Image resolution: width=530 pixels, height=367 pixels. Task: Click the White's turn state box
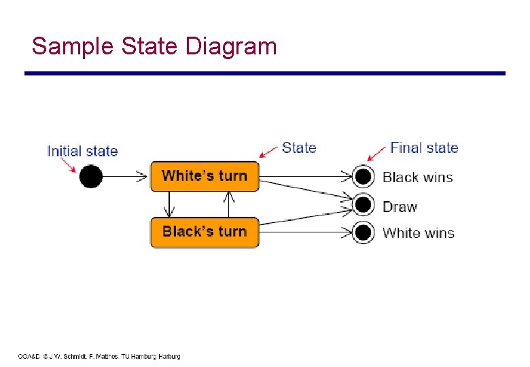205,176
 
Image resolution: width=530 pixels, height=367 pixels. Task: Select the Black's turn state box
205,232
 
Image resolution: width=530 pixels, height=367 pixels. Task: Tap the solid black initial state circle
90,177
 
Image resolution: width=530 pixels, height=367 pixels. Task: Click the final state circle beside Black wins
364,177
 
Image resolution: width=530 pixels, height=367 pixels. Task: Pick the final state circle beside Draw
364,205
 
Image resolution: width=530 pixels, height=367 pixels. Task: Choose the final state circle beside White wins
364,232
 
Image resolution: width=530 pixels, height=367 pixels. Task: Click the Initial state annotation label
82,151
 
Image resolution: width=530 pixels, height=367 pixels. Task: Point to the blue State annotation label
299,147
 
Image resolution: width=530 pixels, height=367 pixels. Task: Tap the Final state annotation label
424,147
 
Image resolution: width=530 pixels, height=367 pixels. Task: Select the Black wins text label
417,177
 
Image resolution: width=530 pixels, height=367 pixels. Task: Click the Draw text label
400,207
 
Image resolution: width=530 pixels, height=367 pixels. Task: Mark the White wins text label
418,233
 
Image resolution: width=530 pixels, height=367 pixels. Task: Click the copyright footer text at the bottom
99,356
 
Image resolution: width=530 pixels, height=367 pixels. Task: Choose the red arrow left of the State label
270,151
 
